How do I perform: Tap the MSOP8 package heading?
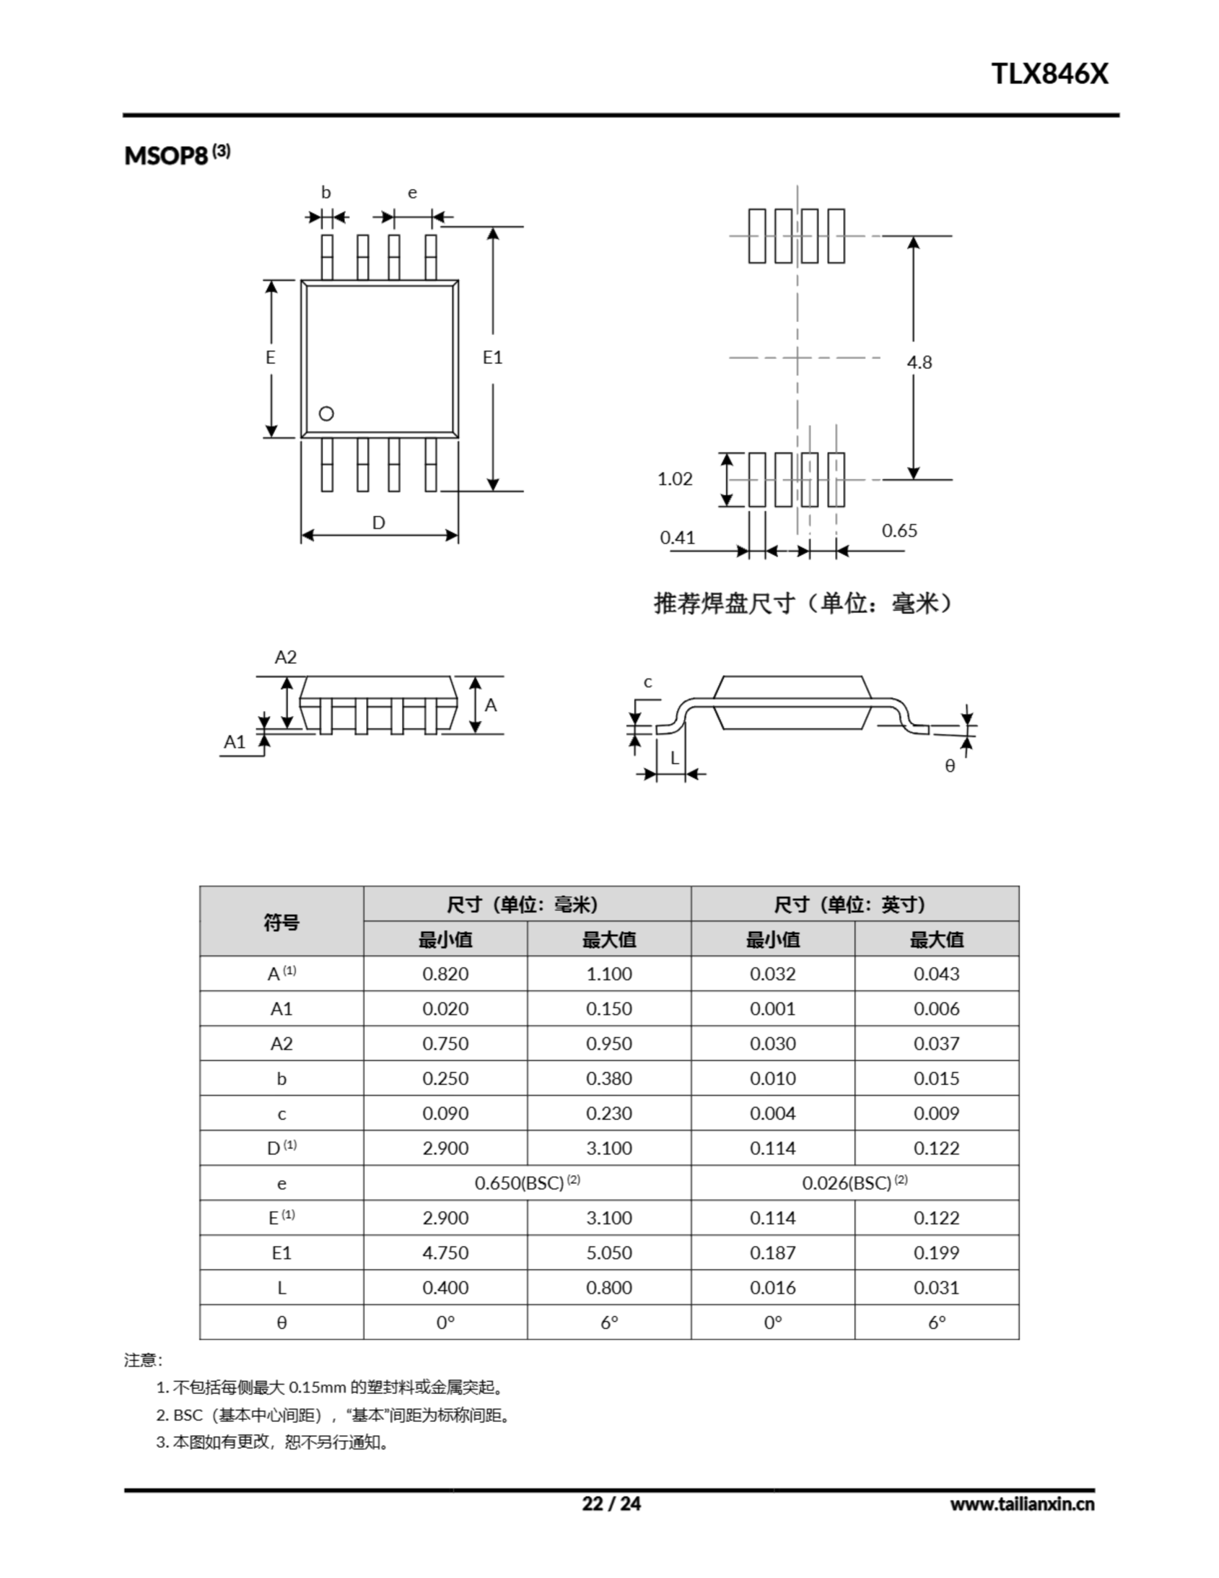[167, 155]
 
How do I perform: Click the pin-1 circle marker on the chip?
[326, 414]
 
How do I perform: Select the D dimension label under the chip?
[378, 522]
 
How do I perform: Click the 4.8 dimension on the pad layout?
[919, 362]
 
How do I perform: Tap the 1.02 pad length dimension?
[674, 479]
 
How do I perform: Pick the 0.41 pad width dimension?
[677, 538]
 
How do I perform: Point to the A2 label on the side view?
[285, 656]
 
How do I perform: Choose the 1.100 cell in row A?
[608, 974]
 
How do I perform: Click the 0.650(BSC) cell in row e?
[527, 1183]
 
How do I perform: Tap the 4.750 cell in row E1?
[445, 1253]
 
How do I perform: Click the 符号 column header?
[281, 922]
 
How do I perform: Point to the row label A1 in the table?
[281, 1008]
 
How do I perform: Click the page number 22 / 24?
[611, 1503]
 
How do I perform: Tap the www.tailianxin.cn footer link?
[1022, 1504]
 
